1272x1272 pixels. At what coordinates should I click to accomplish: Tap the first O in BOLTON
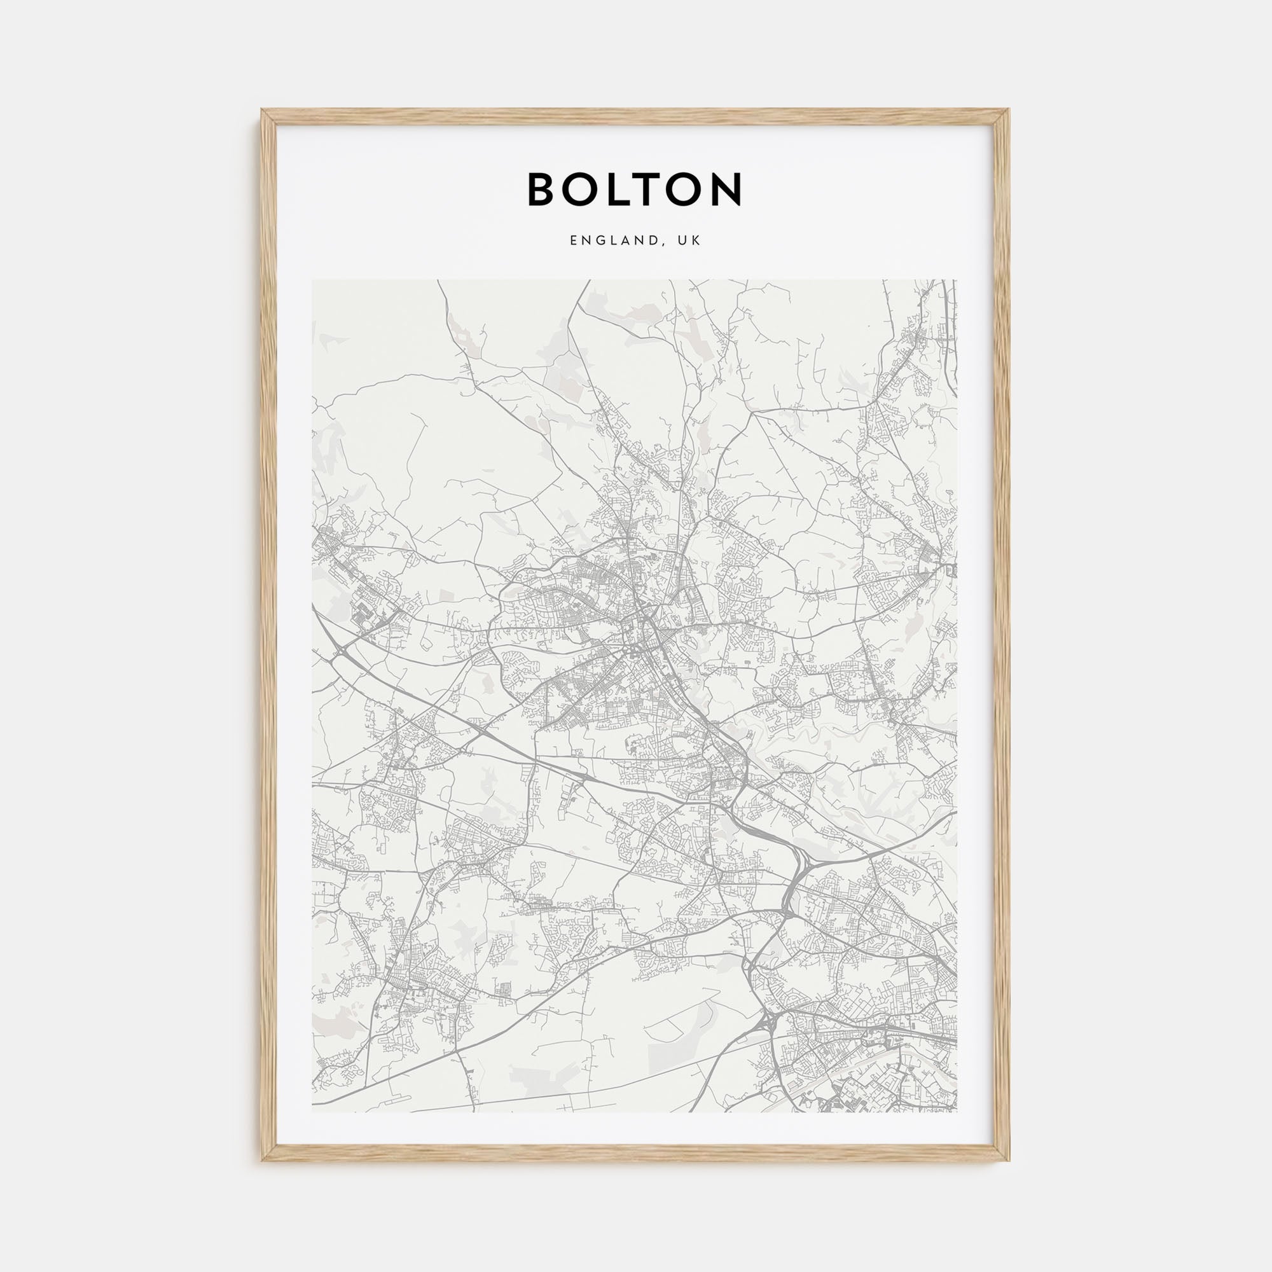click(587, 190)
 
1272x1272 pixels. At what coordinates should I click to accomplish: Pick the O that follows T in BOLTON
click(695, 190)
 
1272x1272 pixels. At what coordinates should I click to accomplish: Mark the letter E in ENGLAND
click(574, 241)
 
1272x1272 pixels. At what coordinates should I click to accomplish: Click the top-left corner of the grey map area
click(313, 280)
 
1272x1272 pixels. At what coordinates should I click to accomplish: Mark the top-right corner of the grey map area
click(957, 280)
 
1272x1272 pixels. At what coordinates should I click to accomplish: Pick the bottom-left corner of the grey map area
click(313, 1112)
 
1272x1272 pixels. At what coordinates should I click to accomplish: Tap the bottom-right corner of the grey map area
click(957, 1112)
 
